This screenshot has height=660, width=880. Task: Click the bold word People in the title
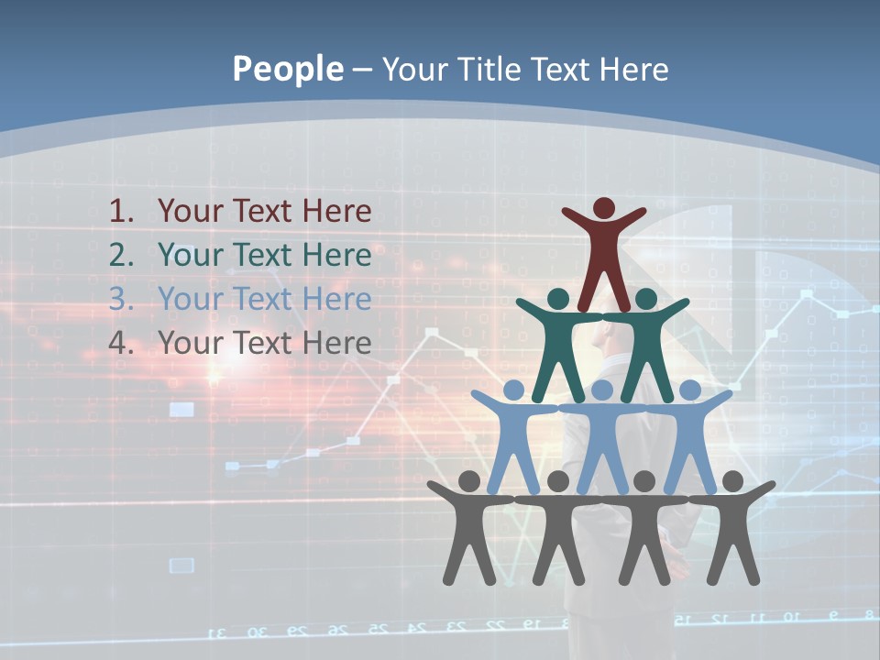287,69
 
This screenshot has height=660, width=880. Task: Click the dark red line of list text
264,212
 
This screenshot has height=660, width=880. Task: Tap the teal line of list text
264,255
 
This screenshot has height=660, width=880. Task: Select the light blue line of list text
264,299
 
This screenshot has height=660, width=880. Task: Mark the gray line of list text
264,343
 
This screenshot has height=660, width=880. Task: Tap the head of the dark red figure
603,209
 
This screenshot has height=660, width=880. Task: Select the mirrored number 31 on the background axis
218,632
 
